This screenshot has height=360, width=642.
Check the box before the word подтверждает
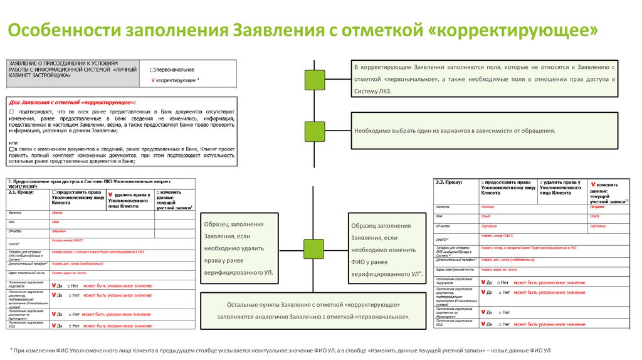pyautogui.click(x=12, y=111)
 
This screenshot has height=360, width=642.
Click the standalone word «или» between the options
pyautogui.click(x=13, y=142)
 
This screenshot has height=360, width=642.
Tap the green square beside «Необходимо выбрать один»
pyautogui.click(x=314, y=131)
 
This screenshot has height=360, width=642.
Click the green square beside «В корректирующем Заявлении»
pyautogui.click(x=314, y=80)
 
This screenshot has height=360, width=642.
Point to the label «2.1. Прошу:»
pyautogui.click(x=22, y=193)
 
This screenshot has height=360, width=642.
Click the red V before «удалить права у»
pyautogui.click(x=110, y=194)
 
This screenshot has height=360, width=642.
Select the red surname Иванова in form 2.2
pyautogui.click(x=490, y=206)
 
